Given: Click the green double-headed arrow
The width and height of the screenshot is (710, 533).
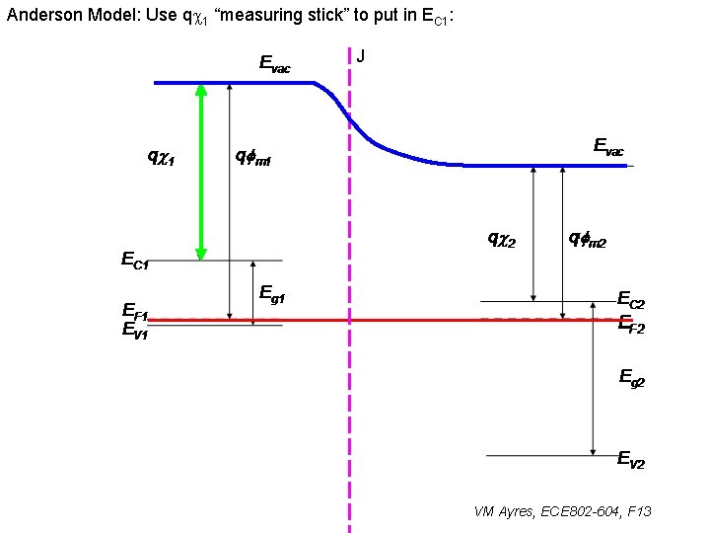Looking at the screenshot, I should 201,171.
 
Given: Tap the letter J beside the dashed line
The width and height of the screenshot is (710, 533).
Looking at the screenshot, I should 361,56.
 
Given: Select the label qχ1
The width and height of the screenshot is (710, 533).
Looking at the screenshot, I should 161,156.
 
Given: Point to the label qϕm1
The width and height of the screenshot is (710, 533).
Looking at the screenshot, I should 252,156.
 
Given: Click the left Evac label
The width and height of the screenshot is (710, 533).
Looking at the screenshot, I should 274,64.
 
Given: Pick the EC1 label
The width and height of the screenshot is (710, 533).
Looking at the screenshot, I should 135,261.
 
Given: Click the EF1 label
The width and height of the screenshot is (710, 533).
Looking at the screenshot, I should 135,315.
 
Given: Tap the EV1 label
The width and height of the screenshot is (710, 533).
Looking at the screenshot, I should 135,332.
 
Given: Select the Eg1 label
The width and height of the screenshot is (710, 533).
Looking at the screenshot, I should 272,292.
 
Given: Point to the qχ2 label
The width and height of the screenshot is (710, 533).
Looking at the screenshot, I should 502,238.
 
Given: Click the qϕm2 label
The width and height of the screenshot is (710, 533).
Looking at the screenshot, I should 588,238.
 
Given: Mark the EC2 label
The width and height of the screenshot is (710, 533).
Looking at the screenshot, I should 631,300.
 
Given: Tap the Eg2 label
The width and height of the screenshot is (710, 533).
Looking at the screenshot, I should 631,376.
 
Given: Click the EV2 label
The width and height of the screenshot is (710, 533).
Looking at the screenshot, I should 631,460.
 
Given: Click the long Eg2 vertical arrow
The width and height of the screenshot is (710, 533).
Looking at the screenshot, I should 592,387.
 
